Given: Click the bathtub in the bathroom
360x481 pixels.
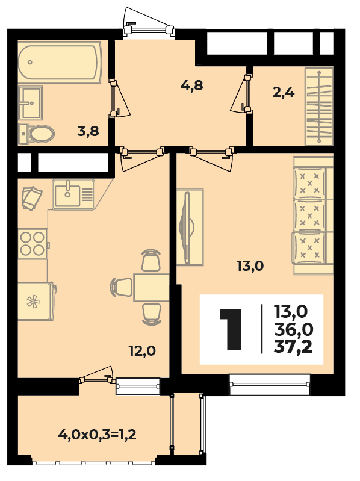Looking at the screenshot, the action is [x=60, y=63].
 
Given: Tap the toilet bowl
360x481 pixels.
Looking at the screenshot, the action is [x=37, y=134].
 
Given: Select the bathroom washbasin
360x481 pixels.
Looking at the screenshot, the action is [x=30, y=103].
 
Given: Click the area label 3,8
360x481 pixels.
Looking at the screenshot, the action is [x=88, y=132].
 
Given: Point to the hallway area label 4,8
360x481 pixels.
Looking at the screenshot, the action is [x=192, y=85].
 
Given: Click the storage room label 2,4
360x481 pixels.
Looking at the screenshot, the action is [x=284, y=92].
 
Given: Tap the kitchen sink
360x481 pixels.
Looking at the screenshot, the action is [x=73, y=194].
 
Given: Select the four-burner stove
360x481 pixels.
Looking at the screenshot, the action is [x=33, y=244].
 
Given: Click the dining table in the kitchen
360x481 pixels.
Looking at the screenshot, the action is [x=152, y=287].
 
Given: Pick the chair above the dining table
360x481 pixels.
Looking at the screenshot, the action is [x=151, y=260].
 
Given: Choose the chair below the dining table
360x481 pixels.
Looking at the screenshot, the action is [x=152, y=314].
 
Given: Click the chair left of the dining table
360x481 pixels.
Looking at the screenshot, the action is [x=122, y=287].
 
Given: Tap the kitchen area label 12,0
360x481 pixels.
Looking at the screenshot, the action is [x=142, y=350].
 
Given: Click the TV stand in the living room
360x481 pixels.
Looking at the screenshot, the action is [x=190, y=228].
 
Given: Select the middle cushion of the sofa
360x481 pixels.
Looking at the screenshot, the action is [x=309, y=215].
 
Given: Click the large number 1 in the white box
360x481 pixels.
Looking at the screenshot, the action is [x=231, y=329].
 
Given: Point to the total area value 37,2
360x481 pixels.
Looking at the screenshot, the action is [x=293, y=347].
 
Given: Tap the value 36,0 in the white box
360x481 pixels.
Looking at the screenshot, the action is [x=293, y=330].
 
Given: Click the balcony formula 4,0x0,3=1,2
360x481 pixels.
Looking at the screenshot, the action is [x=97, y=435].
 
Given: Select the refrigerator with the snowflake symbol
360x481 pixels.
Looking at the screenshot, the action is [x=36, y=302].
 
